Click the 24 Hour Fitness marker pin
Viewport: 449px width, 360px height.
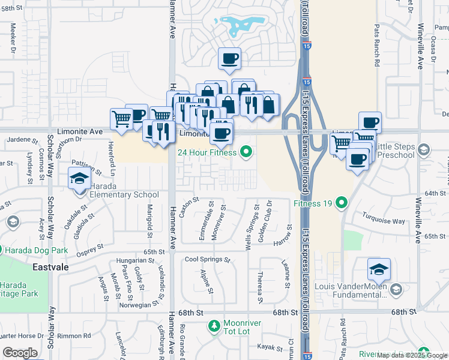pos(245,152)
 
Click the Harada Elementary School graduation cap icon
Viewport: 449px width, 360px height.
pos(79,179)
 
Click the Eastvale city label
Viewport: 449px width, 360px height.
pos(50,266)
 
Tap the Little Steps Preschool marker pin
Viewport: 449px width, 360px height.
pos(424,149)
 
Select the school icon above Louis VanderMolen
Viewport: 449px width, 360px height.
pos(379,269)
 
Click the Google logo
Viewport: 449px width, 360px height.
pos(20,353)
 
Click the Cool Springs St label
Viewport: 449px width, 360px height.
pos(207,260)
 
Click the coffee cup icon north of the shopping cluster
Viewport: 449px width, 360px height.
pos(230,58)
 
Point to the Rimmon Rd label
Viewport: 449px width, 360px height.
pos(79,335)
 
